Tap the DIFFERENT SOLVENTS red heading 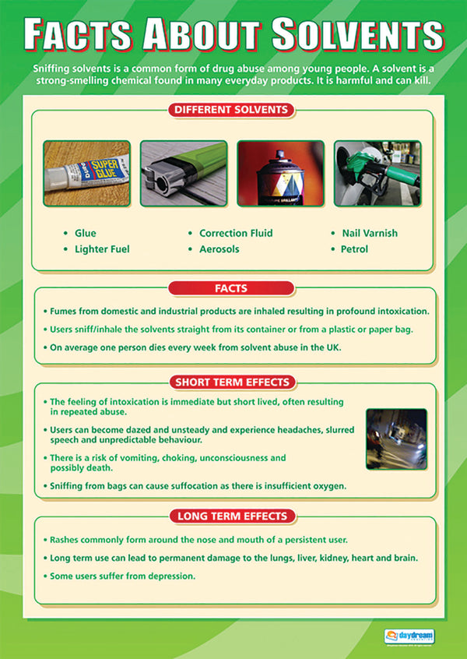[231, 110]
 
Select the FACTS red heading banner [231, 288]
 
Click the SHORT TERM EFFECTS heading [231, 382]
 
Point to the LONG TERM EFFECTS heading [231, 516]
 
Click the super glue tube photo [86, 173]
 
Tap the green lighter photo [184, 173]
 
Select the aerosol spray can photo [280, 173]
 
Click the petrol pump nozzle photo [377, 173]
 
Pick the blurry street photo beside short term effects [396, 439]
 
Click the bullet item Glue [85, 233]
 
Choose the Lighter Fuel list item [101, 249]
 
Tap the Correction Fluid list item [235, 233]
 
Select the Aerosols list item [219, 249]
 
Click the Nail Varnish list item [369, 233]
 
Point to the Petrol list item [354, 249]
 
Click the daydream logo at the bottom [410, 636]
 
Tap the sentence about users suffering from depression [122, 576]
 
